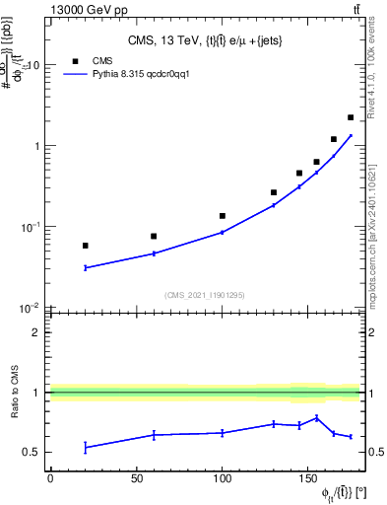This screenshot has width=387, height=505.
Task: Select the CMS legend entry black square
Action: click(x=75, y=59)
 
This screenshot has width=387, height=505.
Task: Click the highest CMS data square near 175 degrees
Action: click(x=351, y=117)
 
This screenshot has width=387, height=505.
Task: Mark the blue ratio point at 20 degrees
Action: click(x=86, y=448)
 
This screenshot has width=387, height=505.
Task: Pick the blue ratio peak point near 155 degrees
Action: click(x=316, y=417)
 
